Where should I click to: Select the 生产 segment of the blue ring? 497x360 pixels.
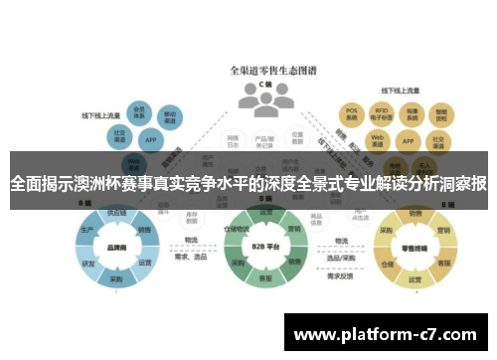coord(86,230)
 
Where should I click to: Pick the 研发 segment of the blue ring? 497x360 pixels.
coord(87,264)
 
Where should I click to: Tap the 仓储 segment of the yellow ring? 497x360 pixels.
coord(388,265)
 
